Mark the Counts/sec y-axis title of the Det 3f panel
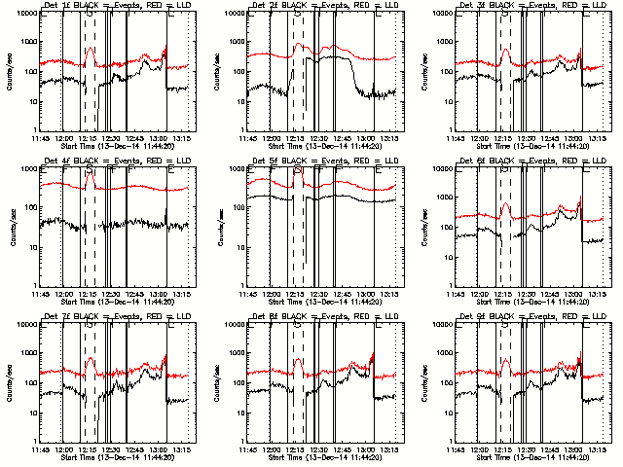[x=425, y=71]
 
